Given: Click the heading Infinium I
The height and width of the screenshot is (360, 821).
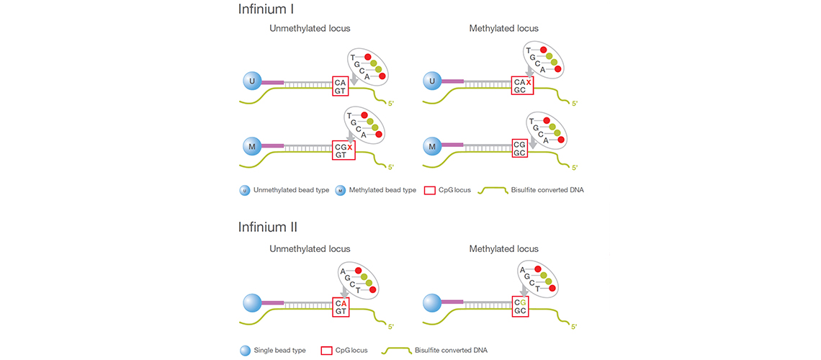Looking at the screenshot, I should [x=265, y=10].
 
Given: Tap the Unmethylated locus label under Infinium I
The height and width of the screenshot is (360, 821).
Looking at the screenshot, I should [x=310, y=29].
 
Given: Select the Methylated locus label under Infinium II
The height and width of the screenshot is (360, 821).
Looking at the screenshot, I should [x=503, y=249].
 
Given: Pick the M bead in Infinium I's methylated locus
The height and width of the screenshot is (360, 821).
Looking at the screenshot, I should [x=432, y=147].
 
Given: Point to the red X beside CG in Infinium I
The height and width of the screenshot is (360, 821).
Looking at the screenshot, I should [x=350, y=147].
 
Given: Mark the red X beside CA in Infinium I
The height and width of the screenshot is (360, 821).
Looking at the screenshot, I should [x=529, y=83].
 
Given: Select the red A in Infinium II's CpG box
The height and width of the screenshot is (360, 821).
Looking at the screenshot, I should [x=344, y=302].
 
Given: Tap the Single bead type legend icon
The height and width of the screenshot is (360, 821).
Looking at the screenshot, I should [x=246, y=351].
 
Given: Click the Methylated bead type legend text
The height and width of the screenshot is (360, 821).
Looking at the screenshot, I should [x=382, y=190].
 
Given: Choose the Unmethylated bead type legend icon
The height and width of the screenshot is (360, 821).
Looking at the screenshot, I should [x=246, y=191].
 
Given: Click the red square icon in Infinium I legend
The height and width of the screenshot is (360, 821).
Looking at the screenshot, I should [x=430, y=191].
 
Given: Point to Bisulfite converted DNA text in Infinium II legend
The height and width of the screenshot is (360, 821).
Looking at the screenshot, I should [x=451, y=351].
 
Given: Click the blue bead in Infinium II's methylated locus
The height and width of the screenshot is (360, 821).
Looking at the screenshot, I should [x=432, y=302].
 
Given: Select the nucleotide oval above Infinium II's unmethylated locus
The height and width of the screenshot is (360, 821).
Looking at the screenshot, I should [x=360, y=280].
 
